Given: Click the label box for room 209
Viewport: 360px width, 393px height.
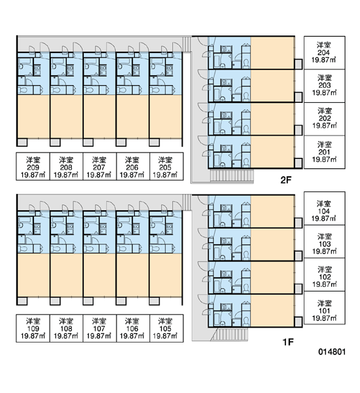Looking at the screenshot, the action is (33, 166).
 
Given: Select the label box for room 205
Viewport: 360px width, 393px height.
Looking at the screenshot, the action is (166, 166).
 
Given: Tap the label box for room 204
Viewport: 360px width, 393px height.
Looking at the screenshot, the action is (325, 52).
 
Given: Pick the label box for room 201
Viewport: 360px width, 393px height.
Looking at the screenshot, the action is (325, 152).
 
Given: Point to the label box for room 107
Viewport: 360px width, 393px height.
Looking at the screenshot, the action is (99, 328).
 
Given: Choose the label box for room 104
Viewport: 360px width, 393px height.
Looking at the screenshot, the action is (325, 208).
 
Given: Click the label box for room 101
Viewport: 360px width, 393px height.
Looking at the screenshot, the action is (325, 308).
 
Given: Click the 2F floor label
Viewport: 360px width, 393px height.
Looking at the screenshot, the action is (286, 180).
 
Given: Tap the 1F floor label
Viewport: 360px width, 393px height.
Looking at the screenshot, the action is (288, 342).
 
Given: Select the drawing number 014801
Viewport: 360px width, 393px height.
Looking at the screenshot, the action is (332, 352).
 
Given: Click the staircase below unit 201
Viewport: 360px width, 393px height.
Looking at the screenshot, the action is (232, 176).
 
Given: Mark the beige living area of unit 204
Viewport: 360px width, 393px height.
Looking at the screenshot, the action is (272, 52).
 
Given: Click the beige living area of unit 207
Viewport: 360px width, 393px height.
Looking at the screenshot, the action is (99, 117).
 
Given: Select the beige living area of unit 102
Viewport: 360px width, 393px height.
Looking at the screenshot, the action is (272, 277).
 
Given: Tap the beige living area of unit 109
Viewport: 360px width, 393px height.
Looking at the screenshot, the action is (33, 275).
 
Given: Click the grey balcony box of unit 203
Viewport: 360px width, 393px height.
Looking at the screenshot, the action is (298, 97).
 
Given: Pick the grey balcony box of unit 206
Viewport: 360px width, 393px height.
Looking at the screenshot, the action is (121, 142).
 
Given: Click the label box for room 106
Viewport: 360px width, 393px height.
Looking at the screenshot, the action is (133, 328).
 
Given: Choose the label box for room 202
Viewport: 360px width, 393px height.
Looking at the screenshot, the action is (325, 119).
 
